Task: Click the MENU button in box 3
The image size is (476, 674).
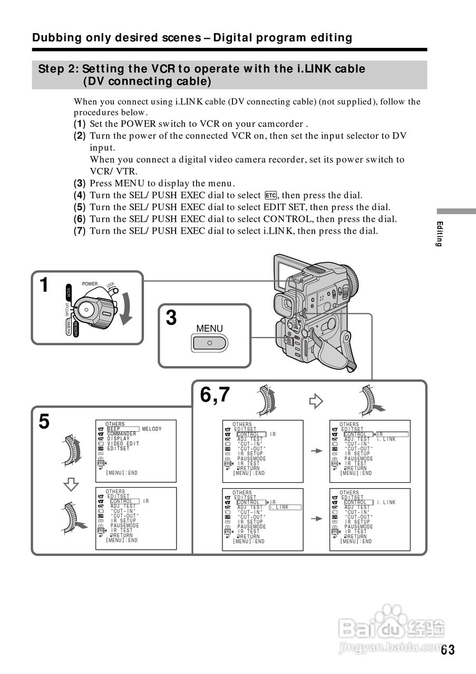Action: click(209, 343)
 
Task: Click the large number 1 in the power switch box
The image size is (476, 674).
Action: click(44, 285)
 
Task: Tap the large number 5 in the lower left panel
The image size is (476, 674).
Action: click(44, 422)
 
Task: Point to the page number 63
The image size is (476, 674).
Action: click(448, 649)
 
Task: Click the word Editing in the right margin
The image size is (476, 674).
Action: click(439, 234)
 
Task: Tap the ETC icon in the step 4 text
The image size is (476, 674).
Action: click(271, 195)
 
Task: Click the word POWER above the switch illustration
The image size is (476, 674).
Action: click(90, 284)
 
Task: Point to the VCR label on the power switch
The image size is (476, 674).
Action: click(69, 293)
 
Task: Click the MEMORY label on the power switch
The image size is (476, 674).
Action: click(76, 330)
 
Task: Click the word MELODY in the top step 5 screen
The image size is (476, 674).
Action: click(152, 429)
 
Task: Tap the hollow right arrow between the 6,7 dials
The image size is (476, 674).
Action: click(315, 402)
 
